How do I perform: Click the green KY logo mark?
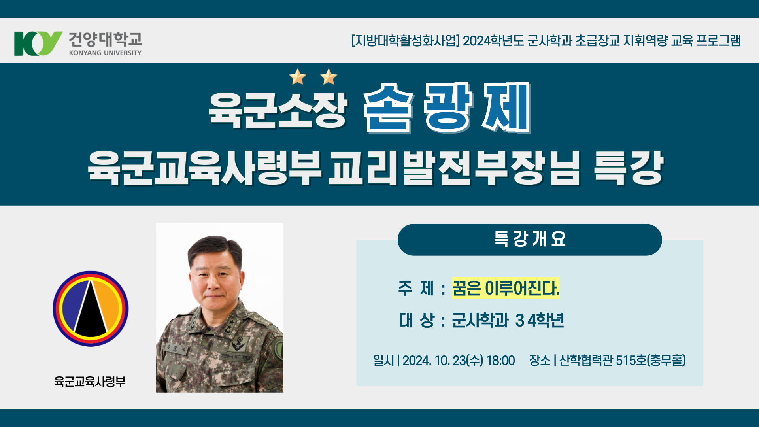tap(38, 43)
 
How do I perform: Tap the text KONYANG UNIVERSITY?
tap(105, 53)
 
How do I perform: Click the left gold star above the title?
tap(298, 77)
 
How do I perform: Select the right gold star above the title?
tap(329, 77)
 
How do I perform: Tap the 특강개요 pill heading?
tap(530, 239)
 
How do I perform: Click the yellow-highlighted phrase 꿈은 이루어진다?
tap(506, 288)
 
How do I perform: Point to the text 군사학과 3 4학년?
tap(508, 320)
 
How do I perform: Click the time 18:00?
tap(500, 361)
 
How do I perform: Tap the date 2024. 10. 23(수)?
tap(443, 361)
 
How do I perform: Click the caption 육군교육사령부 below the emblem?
tap(90, 382)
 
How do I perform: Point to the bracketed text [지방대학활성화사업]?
tap(405, 41)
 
